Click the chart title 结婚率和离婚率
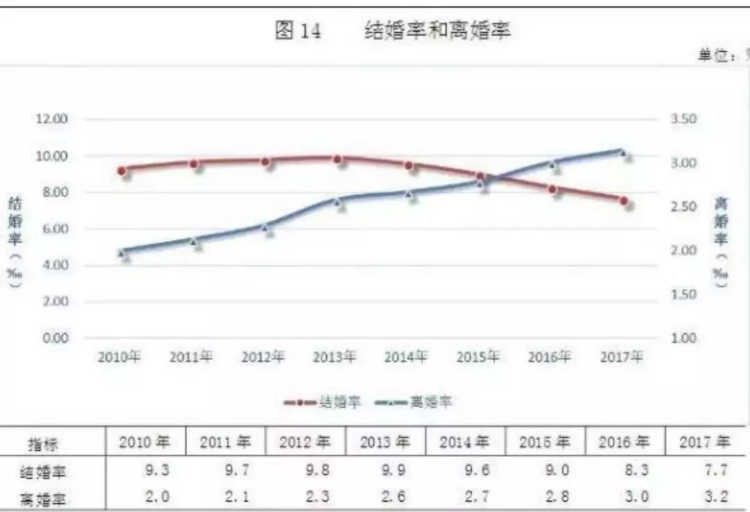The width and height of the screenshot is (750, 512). point(437,31)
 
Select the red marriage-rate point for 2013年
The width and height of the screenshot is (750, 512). point(337,159)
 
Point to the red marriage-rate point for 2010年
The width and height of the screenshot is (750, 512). point(122,170)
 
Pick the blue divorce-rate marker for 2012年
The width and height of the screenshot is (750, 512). point(265,226)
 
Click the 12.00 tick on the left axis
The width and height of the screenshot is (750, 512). point(52,119)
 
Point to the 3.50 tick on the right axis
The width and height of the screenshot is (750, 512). point(683,119)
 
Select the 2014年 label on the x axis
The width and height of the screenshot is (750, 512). point(406,357)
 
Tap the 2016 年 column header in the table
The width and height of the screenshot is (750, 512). point(624,443)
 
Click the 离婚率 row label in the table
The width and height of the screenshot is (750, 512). point(43,498)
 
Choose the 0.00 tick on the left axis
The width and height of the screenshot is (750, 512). point(52,338)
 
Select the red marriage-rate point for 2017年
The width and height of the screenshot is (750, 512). point(624,201)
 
